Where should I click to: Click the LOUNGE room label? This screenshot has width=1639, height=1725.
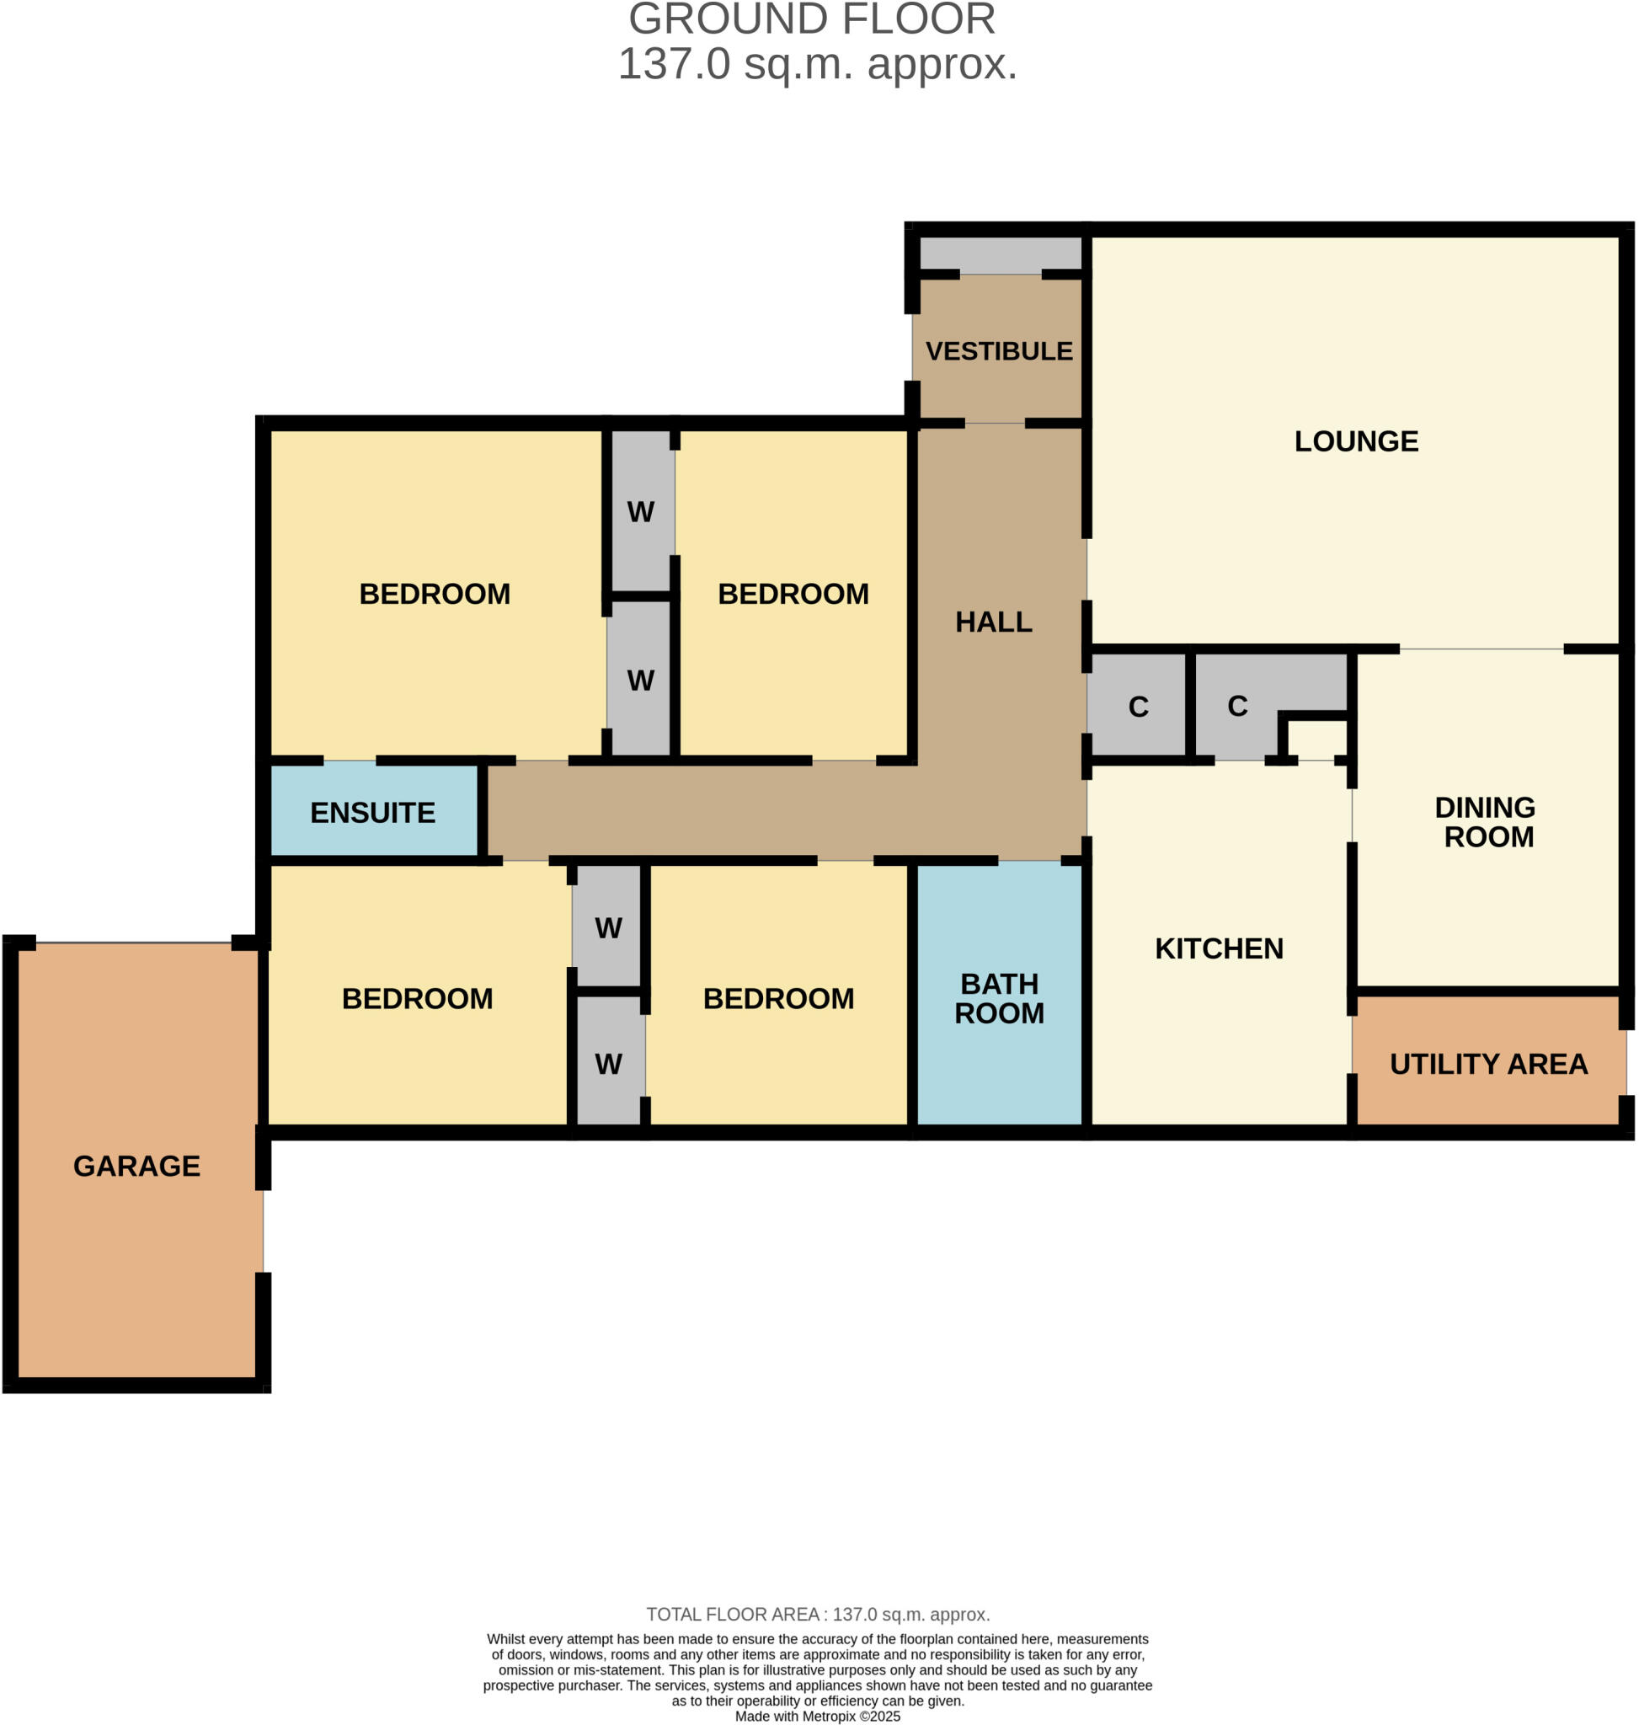pyautogui.click(x=1356, y=441)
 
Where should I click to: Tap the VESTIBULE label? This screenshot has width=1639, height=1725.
pyautogui.click(x=999, y=351)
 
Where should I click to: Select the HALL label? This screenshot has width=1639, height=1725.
pyautogui.click(x=993, y=622)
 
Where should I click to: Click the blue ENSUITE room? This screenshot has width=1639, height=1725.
pyautogui.click(x=373, y=813)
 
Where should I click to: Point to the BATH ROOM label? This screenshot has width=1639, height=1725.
pyautogui.click(x=999, y=999)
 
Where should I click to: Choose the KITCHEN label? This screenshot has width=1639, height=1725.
pyautogui.click(x=1219, y=949)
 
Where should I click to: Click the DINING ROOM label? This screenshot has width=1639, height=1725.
pyautogui.click(x=1488, y=822)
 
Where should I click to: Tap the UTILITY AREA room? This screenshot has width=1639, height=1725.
pyautogui.click(x=1488, y=1065)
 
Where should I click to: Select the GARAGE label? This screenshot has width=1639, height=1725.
pyautogui.click(x=136, y=1167)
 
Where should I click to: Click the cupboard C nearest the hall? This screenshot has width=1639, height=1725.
pyautogui.click(x=1138, y=707)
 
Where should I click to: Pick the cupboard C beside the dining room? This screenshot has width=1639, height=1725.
pyautogui.click(x=1237, y=706)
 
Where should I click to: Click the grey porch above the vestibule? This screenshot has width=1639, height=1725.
pyautogui.click(x=1001, y=254)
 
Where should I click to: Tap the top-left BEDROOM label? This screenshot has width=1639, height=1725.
pyautogui.click(x=435, y=594)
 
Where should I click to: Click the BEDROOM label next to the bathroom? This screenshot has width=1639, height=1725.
pyautogui.click(x=778, y=999)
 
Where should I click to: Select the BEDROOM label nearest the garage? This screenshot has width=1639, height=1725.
pyautogui.click(x=417, y=999)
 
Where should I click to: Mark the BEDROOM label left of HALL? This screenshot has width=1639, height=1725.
pyautogui.click(x=793, y=594)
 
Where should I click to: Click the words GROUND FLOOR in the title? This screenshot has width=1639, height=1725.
pyautogui.click(x=812, y=19)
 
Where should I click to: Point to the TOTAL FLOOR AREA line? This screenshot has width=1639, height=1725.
pyautogui.click(x=818, y=1615)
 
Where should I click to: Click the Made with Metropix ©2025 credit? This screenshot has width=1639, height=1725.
pyautogui.click(x=818, y=1717)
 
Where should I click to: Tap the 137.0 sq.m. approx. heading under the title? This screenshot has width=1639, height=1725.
pyautogui.click(x=818, y=65)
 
